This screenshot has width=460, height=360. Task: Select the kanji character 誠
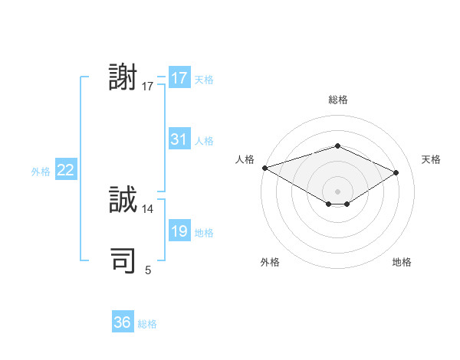tap(123, 201)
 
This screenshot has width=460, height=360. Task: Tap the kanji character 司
tap(123, 261)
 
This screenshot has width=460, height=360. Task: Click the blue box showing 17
tap(179, 78)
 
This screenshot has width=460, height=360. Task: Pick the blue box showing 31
tap(179, 139)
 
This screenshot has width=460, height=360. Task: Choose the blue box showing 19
tap(179, 231)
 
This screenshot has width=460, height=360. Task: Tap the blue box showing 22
tap(65, 170)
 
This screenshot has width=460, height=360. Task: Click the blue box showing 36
tap(122, 322)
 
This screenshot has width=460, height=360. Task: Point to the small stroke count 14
tap(148, 208)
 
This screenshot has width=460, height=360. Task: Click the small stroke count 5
tap(148, 270)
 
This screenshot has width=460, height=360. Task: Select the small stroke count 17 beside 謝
tap(148, 86)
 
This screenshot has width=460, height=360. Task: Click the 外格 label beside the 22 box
tap(41, 172)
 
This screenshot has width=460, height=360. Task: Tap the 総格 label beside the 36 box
tap(147, 324)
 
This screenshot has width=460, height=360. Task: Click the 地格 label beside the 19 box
tap(204, 233)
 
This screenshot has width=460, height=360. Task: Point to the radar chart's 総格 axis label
tap(337, 100)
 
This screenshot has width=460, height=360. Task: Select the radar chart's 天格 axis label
tap(431, 159)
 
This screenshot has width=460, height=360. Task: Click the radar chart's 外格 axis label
tap(270, 262)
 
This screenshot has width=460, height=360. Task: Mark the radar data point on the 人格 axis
tap(264, 167)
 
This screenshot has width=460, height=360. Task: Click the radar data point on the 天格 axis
tap(396, 172)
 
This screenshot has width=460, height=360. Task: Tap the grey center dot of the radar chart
tap(337, 191)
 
